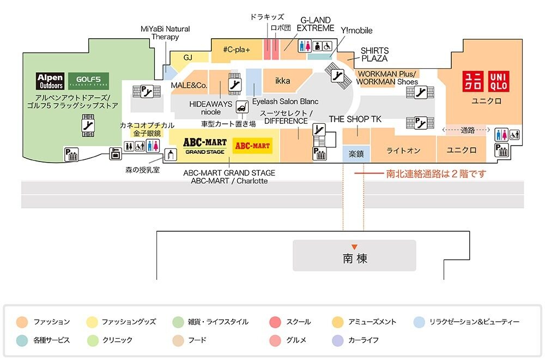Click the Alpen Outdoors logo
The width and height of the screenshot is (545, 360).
[x=50, y=81]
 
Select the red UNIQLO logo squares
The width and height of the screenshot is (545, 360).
[x=486, y=82]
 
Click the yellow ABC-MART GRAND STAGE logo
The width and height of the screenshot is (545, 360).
[x=204, y=146]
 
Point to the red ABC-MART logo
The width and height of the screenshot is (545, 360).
[x=252, y=146]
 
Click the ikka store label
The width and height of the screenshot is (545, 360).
[x=282, y=81]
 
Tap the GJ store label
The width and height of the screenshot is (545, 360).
[x=188, y=57]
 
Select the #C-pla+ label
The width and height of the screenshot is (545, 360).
[x=237, y=50]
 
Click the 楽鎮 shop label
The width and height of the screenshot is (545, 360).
[x=356, y=155]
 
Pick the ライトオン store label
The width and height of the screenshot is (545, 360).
[x=403, y=151]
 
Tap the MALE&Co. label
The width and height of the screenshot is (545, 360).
[x=189, y=86]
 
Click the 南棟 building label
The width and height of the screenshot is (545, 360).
[x=355, y=258]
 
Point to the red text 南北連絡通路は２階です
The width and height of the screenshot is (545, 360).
[x=435, y=174]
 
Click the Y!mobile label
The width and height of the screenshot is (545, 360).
[x=356, y=31]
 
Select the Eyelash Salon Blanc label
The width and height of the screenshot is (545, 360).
[x=285, y=101]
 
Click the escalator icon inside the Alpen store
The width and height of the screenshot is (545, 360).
[x=87, y=124]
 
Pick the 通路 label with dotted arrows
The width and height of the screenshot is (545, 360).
[x=468, y=130]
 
